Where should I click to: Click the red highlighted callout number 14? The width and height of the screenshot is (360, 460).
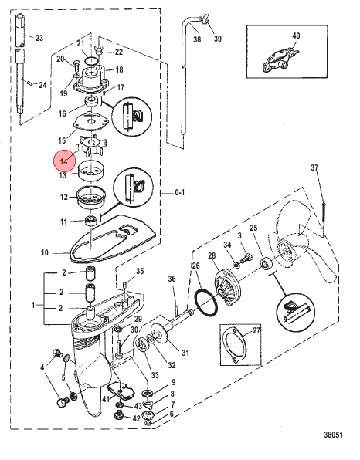pyautogui.click(x=64, y=161)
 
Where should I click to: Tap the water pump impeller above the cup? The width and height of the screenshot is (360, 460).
pyautogui.click(x=92, y=146)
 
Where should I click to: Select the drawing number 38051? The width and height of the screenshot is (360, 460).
pyautogui.click(x=333, y=435)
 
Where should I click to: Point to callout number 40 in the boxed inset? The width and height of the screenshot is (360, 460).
pyautogui.click(x=296, y=36)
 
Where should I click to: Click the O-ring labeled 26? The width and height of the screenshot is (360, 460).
pyautogui.click(x=206, y=303)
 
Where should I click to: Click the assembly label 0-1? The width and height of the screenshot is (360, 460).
pyautogui.click(x=180, y=192)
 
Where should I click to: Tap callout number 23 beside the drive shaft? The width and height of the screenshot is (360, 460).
pyautogui.click(x=39, y=38)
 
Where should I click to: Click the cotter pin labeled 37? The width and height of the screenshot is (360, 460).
pyautogui.click(x=324, y=211)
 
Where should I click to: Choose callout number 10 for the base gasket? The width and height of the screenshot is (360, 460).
pyautogui.click(x=45, y=252)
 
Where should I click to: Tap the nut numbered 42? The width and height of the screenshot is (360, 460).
pyautogui.click(x=118, y=415)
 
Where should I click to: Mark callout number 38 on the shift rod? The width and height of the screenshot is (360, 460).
pyautogui.click(x=197, y=39)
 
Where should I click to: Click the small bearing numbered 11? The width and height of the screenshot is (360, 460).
pyautogui.click(x=90, y=221)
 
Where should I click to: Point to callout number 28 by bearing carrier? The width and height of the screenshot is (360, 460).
pyautogui.click(x=212, y=255)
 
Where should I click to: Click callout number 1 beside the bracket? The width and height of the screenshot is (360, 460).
pyautogui.click(x=33, y=305)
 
